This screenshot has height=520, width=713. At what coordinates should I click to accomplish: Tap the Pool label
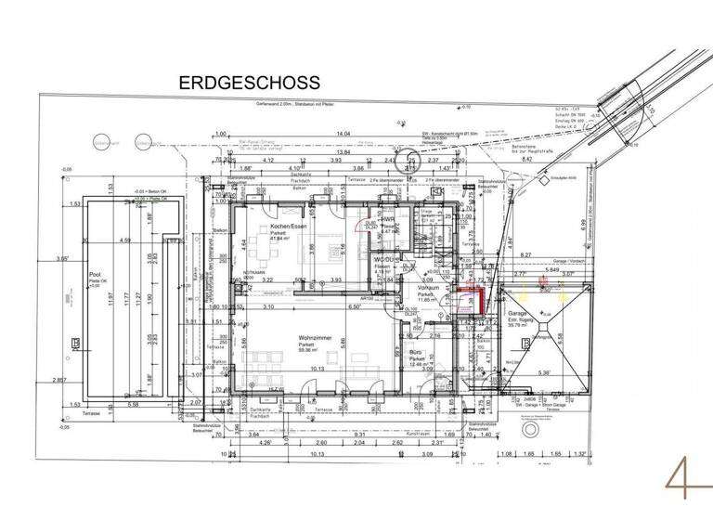(x=94, y=276)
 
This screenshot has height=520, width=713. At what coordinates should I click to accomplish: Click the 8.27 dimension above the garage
(x=525, y=254)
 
